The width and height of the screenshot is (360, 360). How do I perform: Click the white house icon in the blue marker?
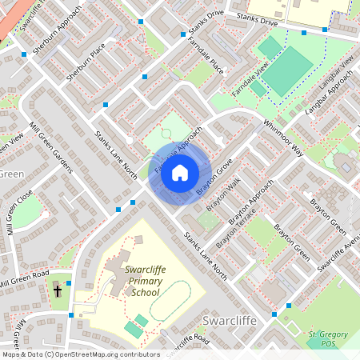180,173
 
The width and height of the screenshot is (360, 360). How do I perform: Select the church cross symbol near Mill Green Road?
58,290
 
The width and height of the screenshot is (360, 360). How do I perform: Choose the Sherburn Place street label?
86,64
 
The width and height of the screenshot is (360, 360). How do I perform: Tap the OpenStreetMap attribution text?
81,354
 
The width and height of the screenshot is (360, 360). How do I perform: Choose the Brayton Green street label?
292,240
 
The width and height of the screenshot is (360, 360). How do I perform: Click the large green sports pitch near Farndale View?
287,70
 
